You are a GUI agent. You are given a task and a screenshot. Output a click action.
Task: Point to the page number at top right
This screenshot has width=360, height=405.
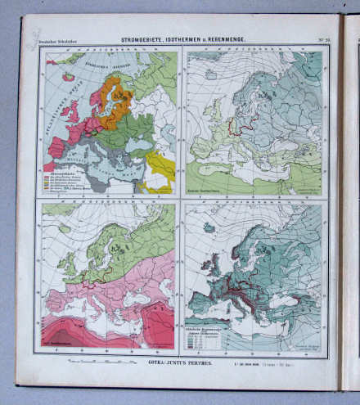click(x=322, y=38)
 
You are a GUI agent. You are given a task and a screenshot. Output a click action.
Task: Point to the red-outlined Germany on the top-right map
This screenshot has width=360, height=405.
click(x=238, y=124)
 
